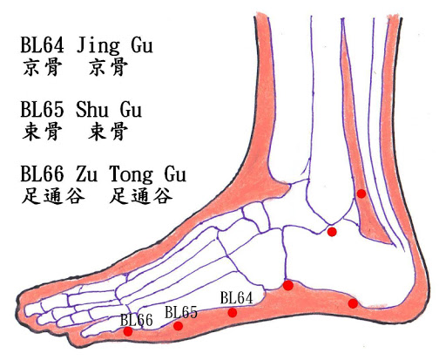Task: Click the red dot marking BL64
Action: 233,313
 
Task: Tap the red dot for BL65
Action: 178,326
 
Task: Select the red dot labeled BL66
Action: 128,331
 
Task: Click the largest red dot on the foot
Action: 288,285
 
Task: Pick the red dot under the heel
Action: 353,303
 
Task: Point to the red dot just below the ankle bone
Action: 332,232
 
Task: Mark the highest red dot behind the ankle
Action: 362,194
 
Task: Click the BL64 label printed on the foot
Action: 236,298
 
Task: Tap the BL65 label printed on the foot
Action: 181,312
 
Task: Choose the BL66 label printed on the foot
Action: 137,320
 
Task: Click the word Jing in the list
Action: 98,46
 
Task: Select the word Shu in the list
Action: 92,110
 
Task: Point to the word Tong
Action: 131,175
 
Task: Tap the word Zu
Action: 86,174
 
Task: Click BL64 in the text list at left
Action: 42,45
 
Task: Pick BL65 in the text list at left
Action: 42,110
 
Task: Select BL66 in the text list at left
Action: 42,174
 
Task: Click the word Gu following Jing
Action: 142,46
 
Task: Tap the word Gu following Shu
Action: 131,110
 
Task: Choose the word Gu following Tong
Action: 175,174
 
